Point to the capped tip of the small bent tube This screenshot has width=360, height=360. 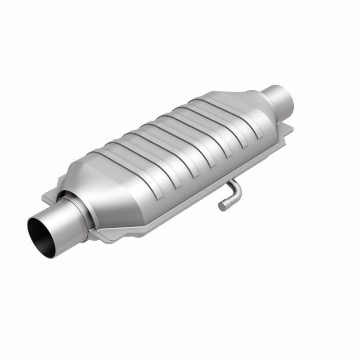222,206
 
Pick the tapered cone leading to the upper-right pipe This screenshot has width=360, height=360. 250,101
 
